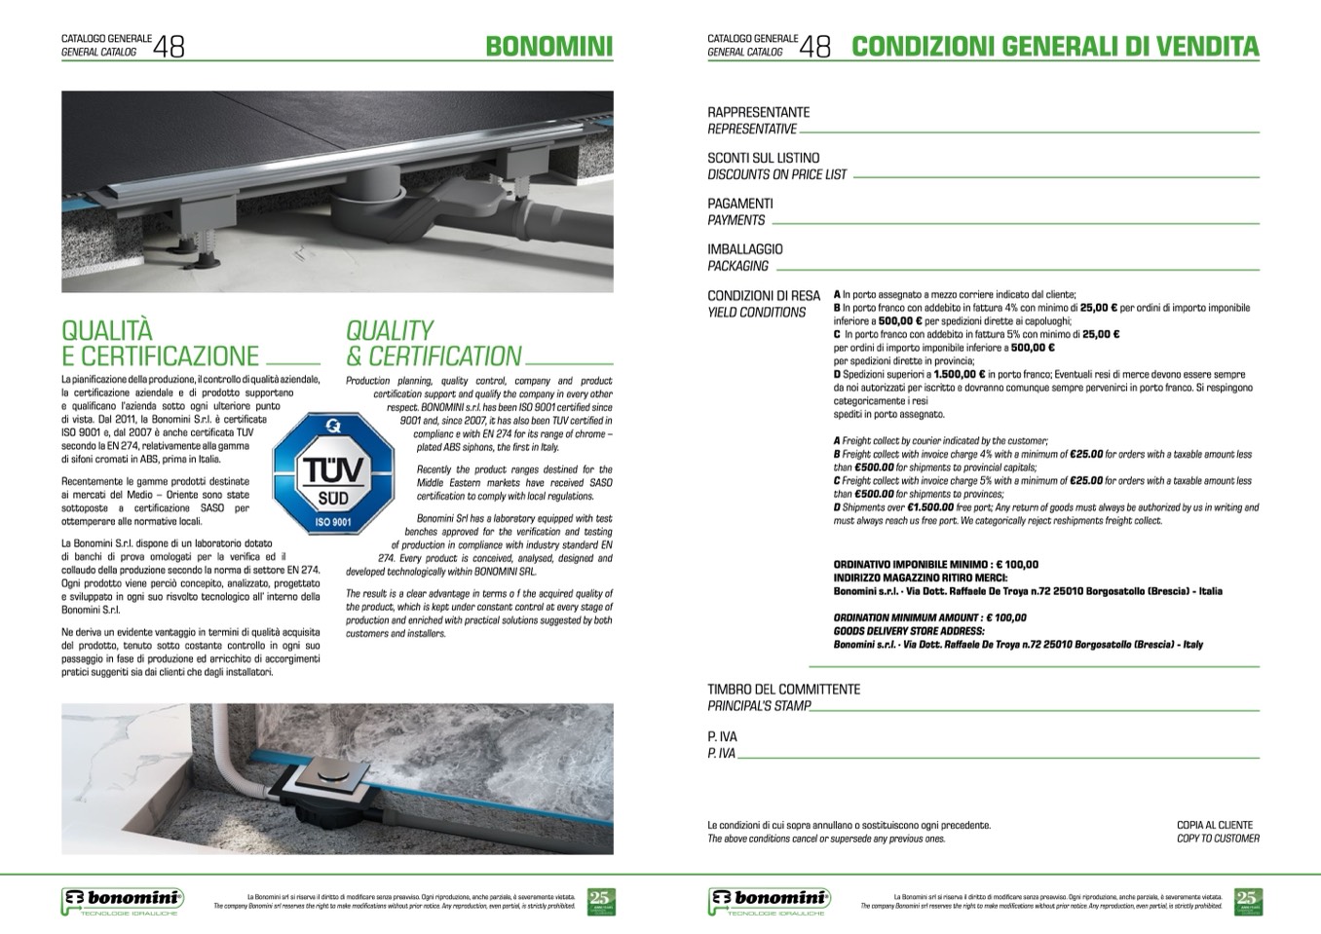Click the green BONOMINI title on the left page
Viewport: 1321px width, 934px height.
point(548,46)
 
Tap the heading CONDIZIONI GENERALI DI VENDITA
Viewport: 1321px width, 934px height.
point(1055,46)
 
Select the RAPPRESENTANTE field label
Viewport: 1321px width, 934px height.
point(758,112)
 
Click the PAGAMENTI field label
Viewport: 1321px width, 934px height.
point(739,204)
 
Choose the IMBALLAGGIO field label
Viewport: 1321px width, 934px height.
point(744,249)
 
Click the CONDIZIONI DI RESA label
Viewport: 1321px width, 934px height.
point(764,295)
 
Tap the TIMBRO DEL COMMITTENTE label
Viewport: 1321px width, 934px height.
point(783,689)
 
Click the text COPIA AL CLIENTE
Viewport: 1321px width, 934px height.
point(1214,825)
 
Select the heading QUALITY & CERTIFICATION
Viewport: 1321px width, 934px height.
point(434,343)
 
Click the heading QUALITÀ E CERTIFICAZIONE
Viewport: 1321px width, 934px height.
point(160,343)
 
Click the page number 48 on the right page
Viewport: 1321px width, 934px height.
point(815,46)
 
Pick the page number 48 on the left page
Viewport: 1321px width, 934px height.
point(169,46)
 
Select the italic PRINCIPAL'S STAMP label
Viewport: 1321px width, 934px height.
point(759,706)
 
